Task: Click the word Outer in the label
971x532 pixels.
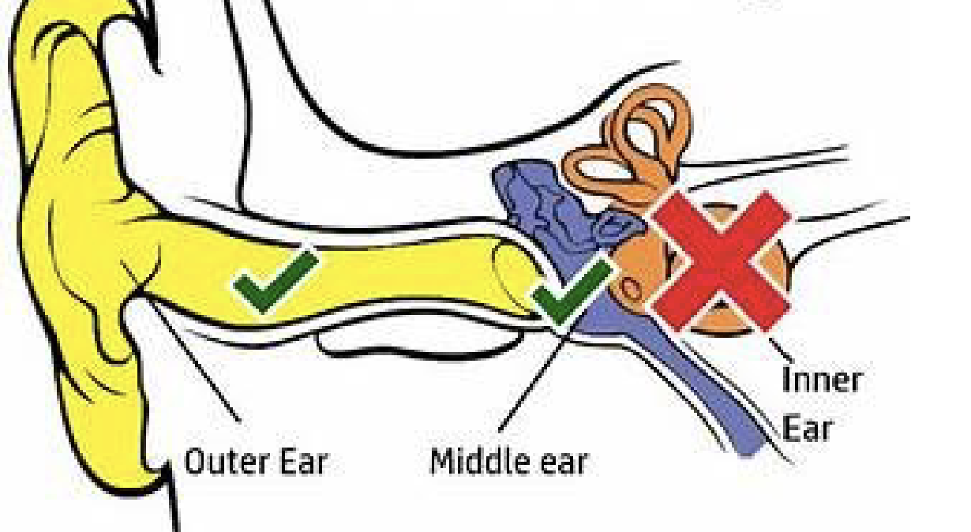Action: pyautogui.click(x=216, y=462)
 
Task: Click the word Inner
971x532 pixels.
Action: pyautogui.click(x=820, y=380)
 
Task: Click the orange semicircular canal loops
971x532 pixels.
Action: pyautogui.click(x=632, y=146)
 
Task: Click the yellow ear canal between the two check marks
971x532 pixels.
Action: pyautogui.click(x=411, y=276)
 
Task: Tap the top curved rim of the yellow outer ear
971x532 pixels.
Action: pyautogui.click(x=63, y=32)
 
